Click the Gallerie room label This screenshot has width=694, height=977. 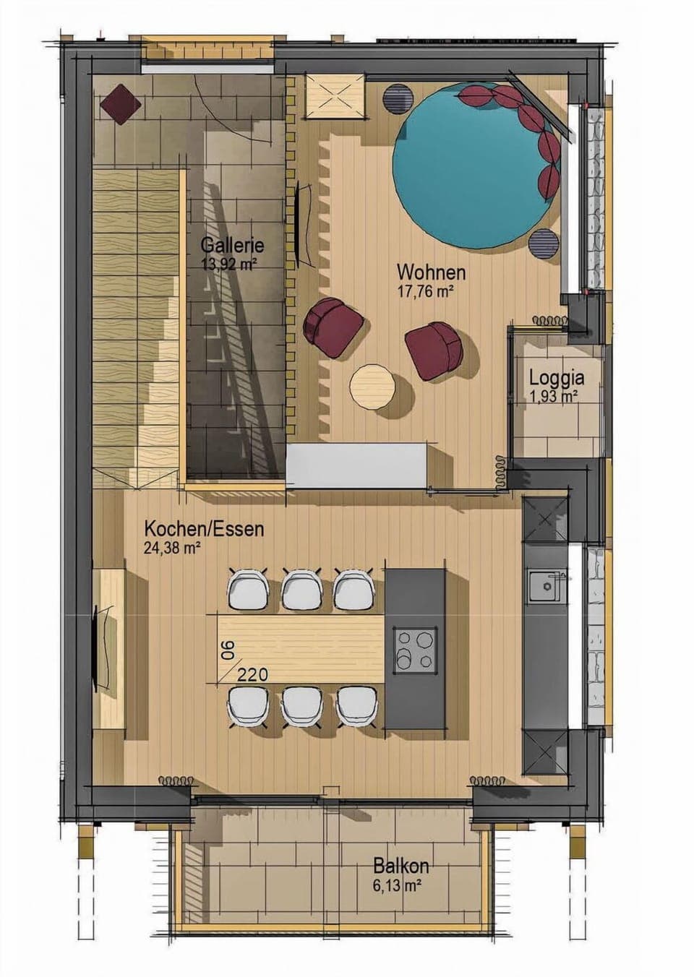point(232,246)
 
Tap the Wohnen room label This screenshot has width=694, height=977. point(431,272)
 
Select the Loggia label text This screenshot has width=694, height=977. point(557,376)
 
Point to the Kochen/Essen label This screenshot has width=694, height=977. point(204,528)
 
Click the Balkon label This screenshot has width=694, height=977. point(401,865)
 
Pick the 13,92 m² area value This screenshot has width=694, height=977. point(230,264)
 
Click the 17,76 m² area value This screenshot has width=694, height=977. point(425,291)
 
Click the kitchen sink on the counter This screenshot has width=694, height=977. point(547,586)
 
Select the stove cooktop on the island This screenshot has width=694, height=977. point(415,647)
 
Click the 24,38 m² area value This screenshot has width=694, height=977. point(172,548)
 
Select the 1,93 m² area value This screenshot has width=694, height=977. point(554,395)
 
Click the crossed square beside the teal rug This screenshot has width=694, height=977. point(333,95)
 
